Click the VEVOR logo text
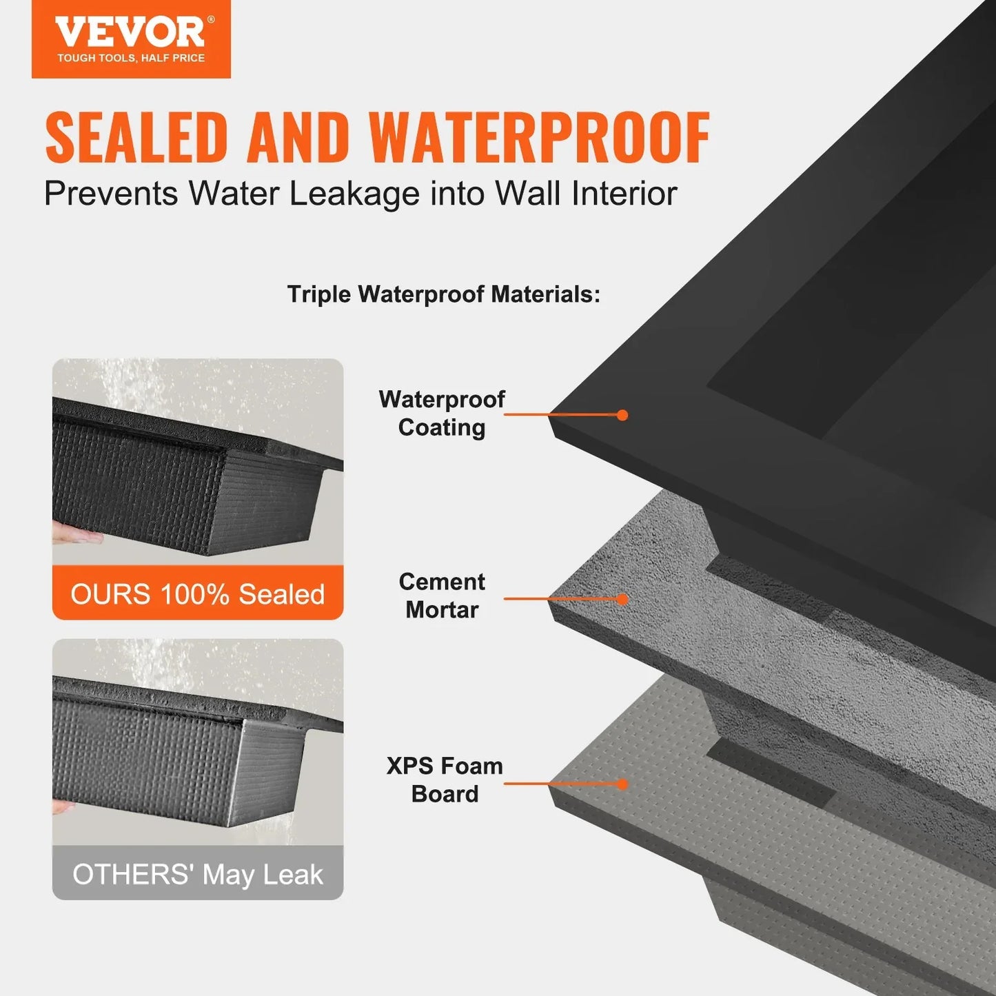(x=130, y=32)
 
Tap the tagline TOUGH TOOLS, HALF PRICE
(x=131, y=59)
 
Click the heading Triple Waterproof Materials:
(x=444, y=294)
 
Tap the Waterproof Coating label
(x=442, y=413)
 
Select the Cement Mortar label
(x=442, y=596)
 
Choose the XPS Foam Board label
(x=445, y=780)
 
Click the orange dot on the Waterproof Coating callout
(x=622, y=415)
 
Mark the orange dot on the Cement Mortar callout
(x=622, y=599)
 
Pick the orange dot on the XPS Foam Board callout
(x=622, y=784)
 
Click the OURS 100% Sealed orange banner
(x=198, y=593)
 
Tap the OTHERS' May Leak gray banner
(x=198, y=874)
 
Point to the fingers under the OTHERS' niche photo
(x=63, y=806)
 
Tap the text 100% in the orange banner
(x=194, y=594)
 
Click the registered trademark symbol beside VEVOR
(x=211, y=20)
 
